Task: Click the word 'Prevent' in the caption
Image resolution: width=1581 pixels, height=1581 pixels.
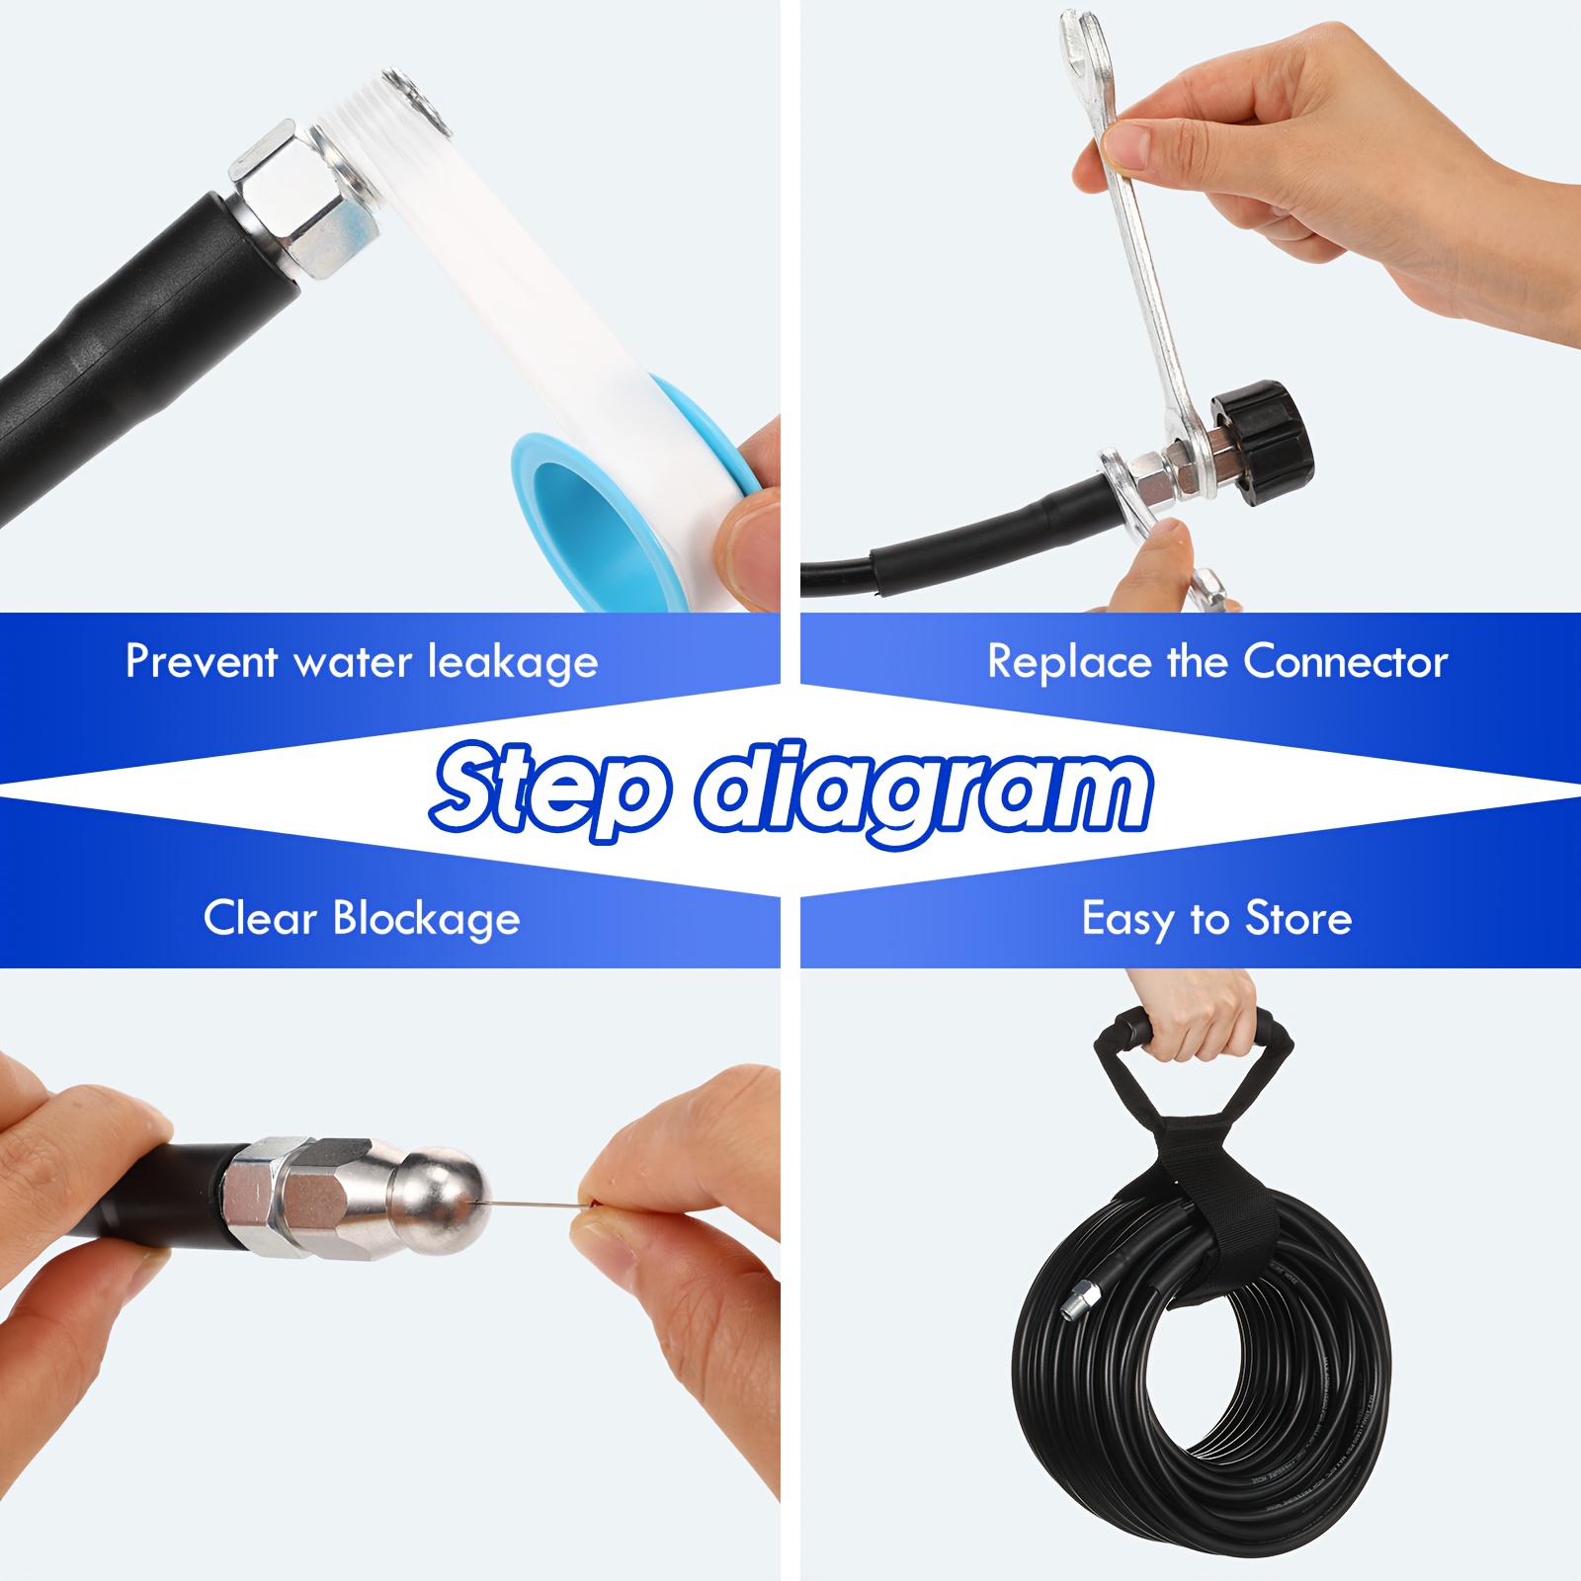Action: [x=201, y=661]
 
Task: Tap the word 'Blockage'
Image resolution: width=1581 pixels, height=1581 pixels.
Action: [x=426, y=919]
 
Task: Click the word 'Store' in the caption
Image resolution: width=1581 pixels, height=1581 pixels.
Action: [x=1298, y=918]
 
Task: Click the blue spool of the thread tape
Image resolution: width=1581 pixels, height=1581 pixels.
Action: [x=583, y=514]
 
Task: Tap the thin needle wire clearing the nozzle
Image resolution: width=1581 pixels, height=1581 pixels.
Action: [x=534, y=1203]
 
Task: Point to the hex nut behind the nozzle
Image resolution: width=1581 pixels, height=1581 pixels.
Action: [x=262, y=1196]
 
